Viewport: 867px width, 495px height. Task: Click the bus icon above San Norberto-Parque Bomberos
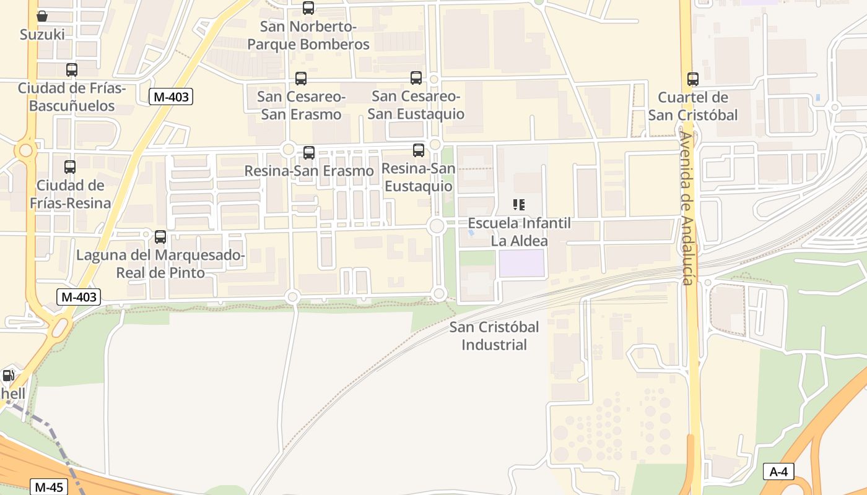pyautogui.click(x=308, y=8)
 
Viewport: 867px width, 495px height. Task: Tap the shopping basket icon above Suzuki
pyautogui.click(x=42, y=16)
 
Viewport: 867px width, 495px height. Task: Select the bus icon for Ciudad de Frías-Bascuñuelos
pyautogui.click(x=72, y=70)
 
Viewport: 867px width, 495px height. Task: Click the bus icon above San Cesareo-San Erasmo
pyautogui.click(x=301, y=79)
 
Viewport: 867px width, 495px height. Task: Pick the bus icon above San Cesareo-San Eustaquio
pyautogui.click(x=416, y=78)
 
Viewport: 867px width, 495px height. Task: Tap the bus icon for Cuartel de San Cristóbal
pyautogui.click(x=693, y=79)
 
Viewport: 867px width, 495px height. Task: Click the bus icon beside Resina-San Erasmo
pyautogui.click(x=309, y=152)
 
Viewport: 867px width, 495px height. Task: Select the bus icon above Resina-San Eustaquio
pyautogui.click(x=419, y=150)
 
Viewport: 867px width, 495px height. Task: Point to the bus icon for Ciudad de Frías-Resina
pyautogui.click(x=70, y=166)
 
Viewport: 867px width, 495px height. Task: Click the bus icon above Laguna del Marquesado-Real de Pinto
pyautogui.click(x=160, y=236)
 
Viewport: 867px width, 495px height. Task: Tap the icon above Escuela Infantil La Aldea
pyautogui.click(x=519, y=205)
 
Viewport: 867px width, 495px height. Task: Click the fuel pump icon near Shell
pyautogui.click(x=9, y=375)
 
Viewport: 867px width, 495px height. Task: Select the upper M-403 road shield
pyautogui.click(x=171, y=96)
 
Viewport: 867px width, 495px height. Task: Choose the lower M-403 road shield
pyautogui.click(x=79, y=297)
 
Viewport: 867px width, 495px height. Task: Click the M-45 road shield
pyautogui.click(x=49, y=487)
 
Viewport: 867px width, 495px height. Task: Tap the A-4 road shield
pyautogui.click(x=778, y=471)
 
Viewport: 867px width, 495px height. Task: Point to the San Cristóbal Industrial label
pyautogui.click(x=494, y=336)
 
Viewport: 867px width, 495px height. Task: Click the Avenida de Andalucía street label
pyautogui.click(x=687, y=207)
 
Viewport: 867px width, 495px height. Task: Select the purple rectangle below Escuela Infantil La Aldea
pyautogui.click(x=522, y=263)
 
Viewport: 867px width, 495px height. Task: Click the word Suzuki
pyautogui.click(x=42, y=35)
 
